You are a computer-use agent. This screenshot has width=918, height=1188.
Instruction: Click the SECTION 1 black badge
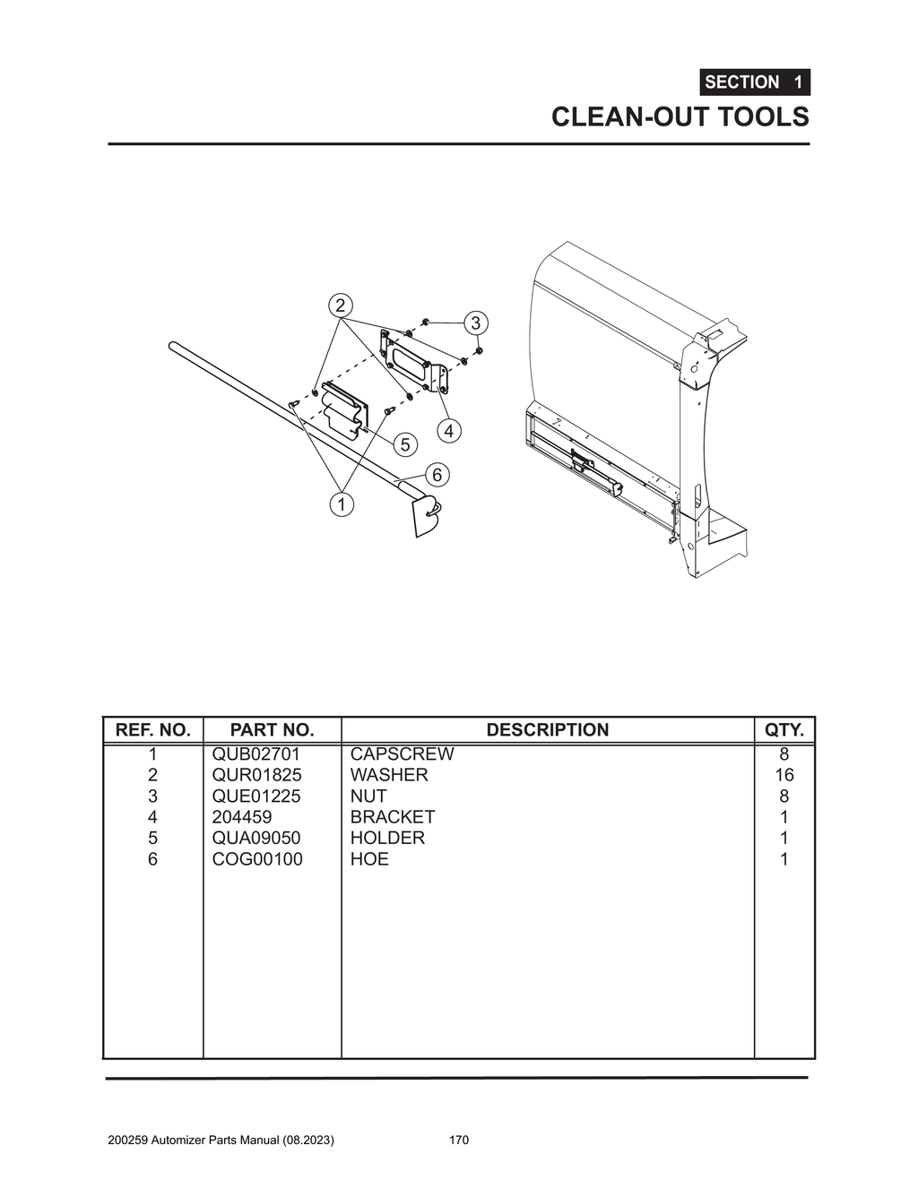click(755, 82)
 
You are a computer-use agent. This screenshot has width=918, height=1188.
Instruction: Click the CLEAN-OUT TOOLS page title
click(680, 117)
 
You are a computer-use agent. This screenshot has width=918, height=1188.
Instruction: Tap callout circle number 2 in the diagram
click(340, 306)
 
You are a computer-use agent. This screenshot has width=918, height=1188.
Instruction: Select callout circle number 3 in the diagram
click(475, 323)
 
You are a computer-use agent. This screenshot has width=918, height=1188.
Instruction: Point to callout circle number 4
click(448, 431)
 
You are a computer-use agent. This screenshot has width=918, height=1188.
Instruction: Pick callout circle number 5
click(405, 444)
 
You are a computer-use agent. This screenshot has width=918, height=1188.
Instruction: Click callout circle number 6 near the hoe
click(437, 474)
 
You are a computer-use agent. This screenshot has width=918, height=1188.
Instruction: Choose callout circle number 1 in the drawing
click(341, 504)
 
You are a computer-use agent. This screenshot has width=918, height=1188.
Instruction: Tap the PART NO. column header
click(272, 730)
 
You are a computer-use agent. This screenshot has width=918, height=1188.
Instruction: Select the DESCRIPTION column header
click(547, 730)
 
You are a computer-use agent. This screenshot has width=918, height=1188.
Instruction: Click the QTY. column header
click(784, 730)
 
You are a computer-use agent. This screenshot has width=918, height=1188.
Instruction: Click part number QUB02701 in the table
click(256, 754)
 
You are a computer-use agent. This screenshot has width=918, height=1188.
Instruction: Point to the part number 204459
click(242, 817)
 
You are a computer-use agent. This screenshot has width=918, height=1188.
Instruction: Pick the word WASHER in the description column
click(389, 775)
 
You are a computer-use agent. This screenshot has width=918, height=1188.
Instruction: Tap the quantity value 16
click(784, 775)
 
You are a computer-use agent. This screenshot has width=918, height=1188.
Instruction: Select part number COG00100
click(257, 859)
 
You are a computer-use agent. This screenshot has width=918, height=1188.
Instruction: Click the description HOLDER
click(387, 839)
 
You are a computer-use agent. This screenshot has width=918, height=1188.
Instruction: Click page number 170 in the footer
click(459, 1141)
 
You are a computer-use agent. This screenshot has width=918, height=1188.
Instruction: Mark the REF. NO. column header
click(153, 730)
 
